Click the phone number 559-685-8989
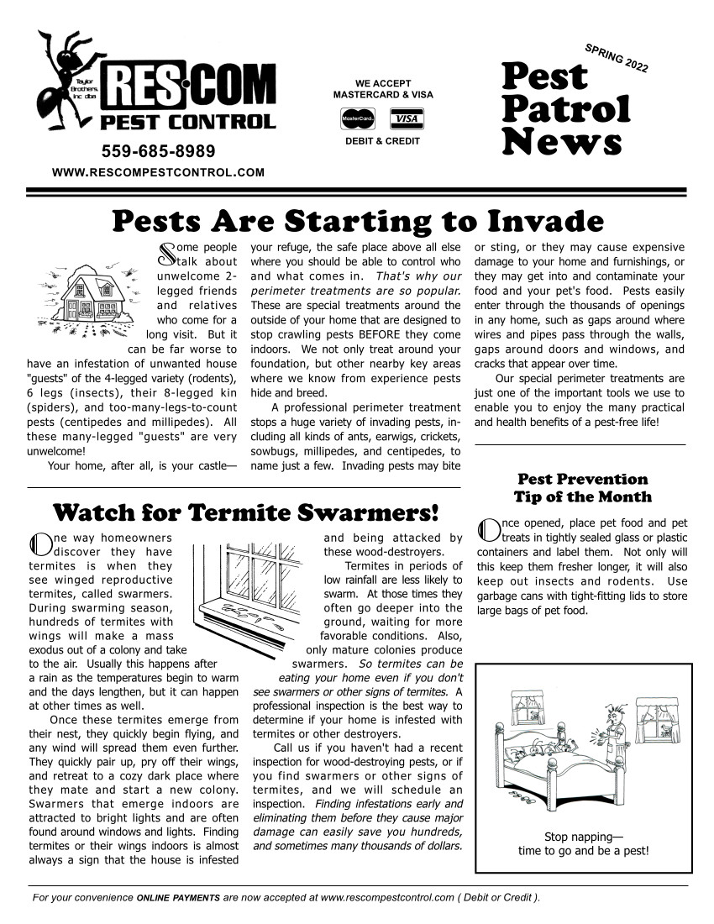pos(158,151)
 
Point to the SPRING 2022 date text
pos(615,56)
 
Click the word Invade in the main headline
pos(545,222)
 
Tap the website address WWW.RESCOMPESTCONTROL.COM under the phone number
pos(159,172)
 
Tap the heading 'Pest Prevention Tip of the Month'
pos(582,488)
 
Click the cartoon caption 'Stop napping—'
pos(583,837)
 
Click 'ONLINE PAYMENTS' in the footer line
pos(178,898)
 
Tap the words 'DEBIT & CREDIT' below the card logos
pos(382,141)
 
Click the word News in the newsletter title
pos(561,141)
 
